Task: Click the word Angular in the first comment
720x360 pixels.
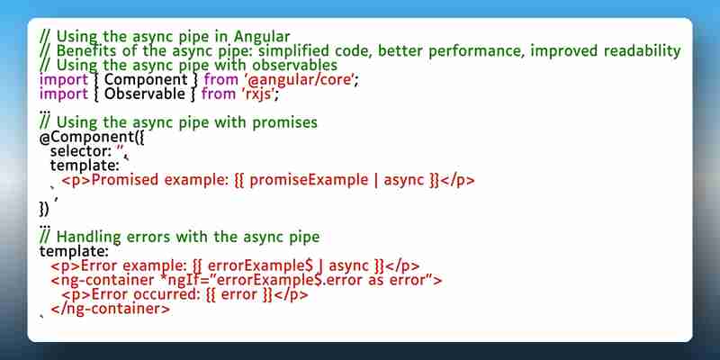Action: tap(262, 36)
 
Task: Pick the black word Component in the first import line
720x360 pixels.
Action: tap(146, 79)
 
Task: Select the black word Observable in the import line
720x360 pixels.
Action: tap(145, 94)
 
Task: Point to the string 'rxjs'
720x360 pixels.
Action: tap(260, 94)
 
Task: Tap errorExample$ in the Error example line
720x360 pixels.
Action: tap(260, 265)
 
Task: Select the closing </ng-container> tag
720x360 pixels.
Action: tap(110, 309)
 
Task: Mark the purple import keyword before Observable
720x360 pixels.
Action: tap(63, 94)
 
